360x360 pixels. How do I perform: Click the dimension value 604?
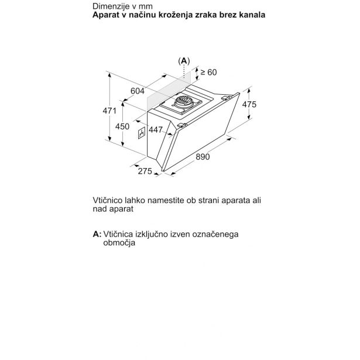[138, 91]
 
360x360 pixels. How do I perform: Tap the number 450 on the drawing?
[122, 126]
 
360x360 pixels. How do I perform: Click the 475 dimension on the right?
[249, 105]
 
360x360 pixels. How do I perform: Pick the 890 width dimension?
[202, 156]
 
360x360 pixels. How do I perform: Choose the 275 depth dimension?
[145, 171]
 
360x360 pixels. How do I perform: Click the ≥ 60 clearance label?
[208, 72]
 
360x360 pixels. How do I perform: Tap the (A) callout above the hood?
[184, 60]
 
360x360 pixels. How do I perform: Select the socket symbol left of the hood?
[140, 133]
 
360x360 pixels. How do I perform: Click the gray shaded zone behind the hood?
[164, 94]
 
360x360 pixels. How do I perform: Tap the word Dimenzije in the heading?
[109, 6]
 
